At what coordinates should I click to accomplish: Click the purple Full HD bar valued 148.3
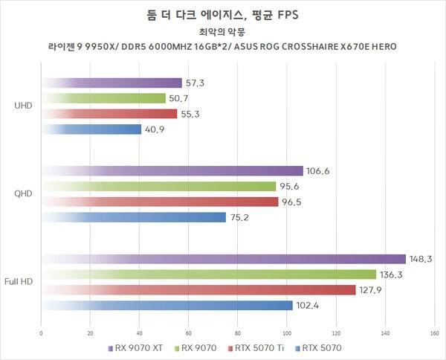tap(223, 259)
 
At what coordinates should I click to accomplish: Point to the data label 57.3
tap(195, 83)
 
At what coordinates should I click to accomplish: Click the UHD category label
tap(22, 106)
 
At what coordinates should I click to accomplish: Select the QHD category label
tap(22, 194)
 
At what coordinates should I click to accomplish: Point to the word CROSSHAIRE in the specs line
tap(310, 48)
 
